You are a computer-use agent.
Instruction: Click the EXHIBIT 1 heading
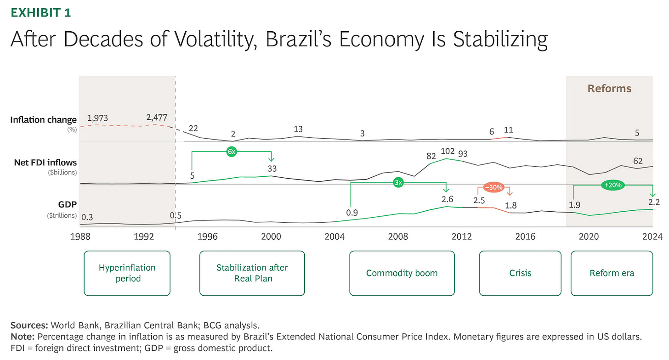[41, 12]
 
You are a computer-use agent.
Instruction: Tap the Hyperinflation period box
[127, 273]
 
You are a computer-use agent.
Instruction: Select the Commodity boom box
[402, 273]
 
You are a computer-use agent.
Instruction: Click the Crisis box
[520, 273]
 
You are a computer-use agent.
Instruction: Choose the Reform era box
[612, 273]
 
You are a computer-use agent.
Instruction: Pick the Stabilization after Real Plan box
[252, 273]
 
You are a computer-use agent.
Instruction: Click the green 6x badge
[232, 152]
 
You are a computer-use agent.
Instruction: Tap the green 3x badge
[398, 182]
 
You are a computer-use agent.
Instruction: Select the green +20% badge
[613, 185]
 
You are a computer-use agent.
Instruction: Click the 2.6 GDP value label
[447, 199]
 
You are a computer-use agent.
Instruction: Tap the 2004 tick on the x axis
[334, 236]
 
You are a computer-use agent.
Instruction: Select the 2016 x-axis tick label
[525, 236]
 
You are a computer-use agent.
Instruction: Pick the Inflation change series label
[44, 120]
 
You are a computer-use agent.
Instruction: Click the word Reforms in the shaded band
[609, 89]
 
